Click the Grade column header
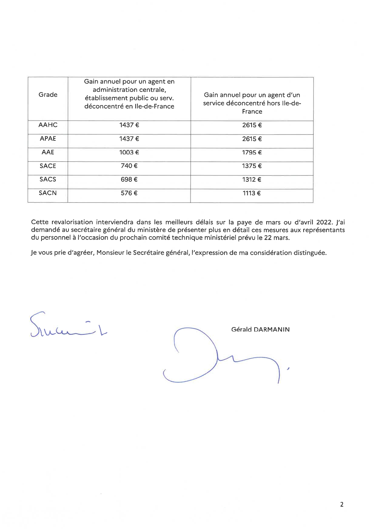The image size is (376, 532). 48,95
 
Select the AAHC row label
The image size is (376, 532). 48,125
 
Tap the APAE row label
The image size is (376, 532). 48,139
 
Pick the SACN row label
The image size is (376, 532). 48,193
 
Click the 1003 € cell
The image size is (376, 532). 129,152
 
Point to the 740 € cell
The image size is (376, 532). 129,166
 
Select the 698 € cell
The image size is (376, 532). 129,180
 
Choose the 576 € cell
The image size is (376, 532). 129,193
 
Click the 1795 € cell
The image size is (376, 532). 252,152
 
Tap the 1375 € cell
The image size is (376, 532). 252,166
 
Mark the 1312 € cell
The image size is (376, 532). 252,180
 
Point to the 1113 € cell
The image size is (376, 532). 252,193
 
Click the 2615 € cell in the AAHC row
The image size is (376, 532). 252,125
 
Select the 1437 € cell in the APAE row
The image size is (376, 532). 129,139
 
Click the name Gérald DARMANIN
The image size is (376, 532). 260,329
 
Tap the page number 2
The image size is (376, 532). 342,505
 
